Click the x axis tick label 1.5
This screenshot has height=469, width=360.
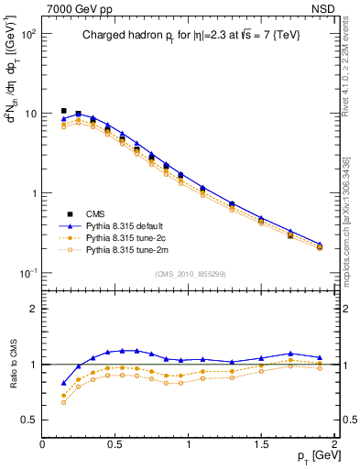pos(260,443)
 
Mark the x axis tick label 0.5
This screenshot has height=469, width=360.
pos(115,443)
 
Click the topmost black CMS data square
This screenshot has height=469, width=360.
pos(63,111)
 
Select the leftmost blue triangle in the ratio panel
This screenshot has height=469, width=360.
pos(63,383)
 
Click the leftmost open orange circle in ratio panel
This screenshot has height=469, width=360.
pos(63,402)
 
